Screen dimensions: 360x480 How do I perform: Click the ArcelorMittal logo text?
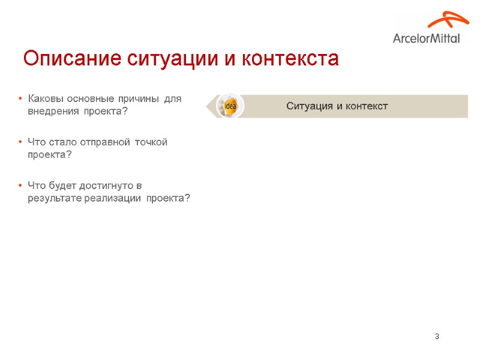[427, 39]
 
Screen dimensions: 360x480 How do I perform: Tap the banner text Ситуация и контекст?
[337, 106]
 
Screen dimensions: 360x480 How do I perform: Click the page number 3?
[437, 336]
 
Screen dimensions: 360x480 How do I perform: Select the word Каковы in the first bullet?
[46, 98]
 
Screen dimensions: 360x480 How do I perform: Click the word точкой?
[151, 142]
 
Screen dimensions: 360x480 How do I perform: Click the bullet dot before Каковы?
[20, 98]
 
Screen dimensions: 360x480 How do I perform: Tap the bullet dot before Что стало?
[20, 142]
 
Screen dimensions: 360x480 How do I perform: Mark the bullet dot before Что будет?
[20, 185]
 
